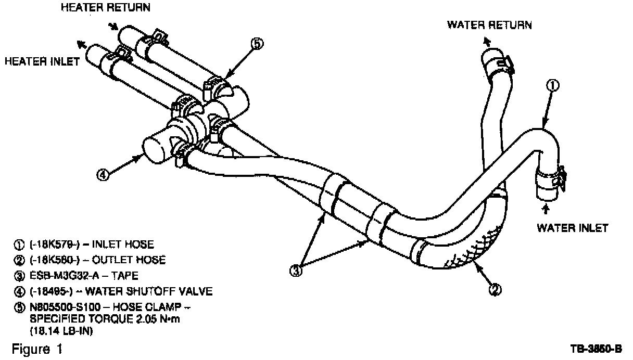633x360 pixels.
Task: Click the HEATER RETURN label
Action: pos(106,7)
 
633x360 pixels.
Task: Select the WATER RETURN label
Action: pos(489,25)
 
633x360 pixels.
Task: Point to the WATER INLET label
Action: pos(572,227)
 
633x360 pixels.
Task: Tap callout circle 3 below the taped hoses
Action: pos(296,271)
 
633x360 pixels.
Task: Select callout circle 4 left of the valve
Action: pos(103,175)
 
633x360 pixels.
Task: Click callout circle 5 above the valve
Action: pos(257,44)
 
